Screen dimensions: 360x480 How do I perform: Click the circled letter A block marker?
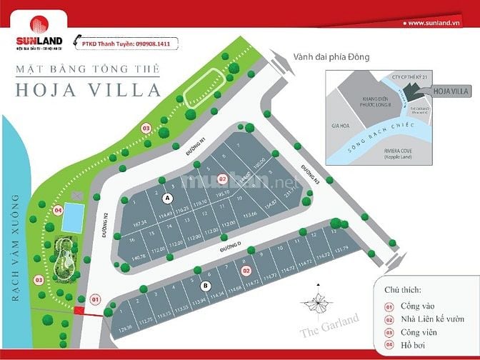[x=167, y=197]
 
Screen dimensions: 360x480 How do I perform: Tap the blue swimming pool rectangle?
[x=71, y=217]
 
